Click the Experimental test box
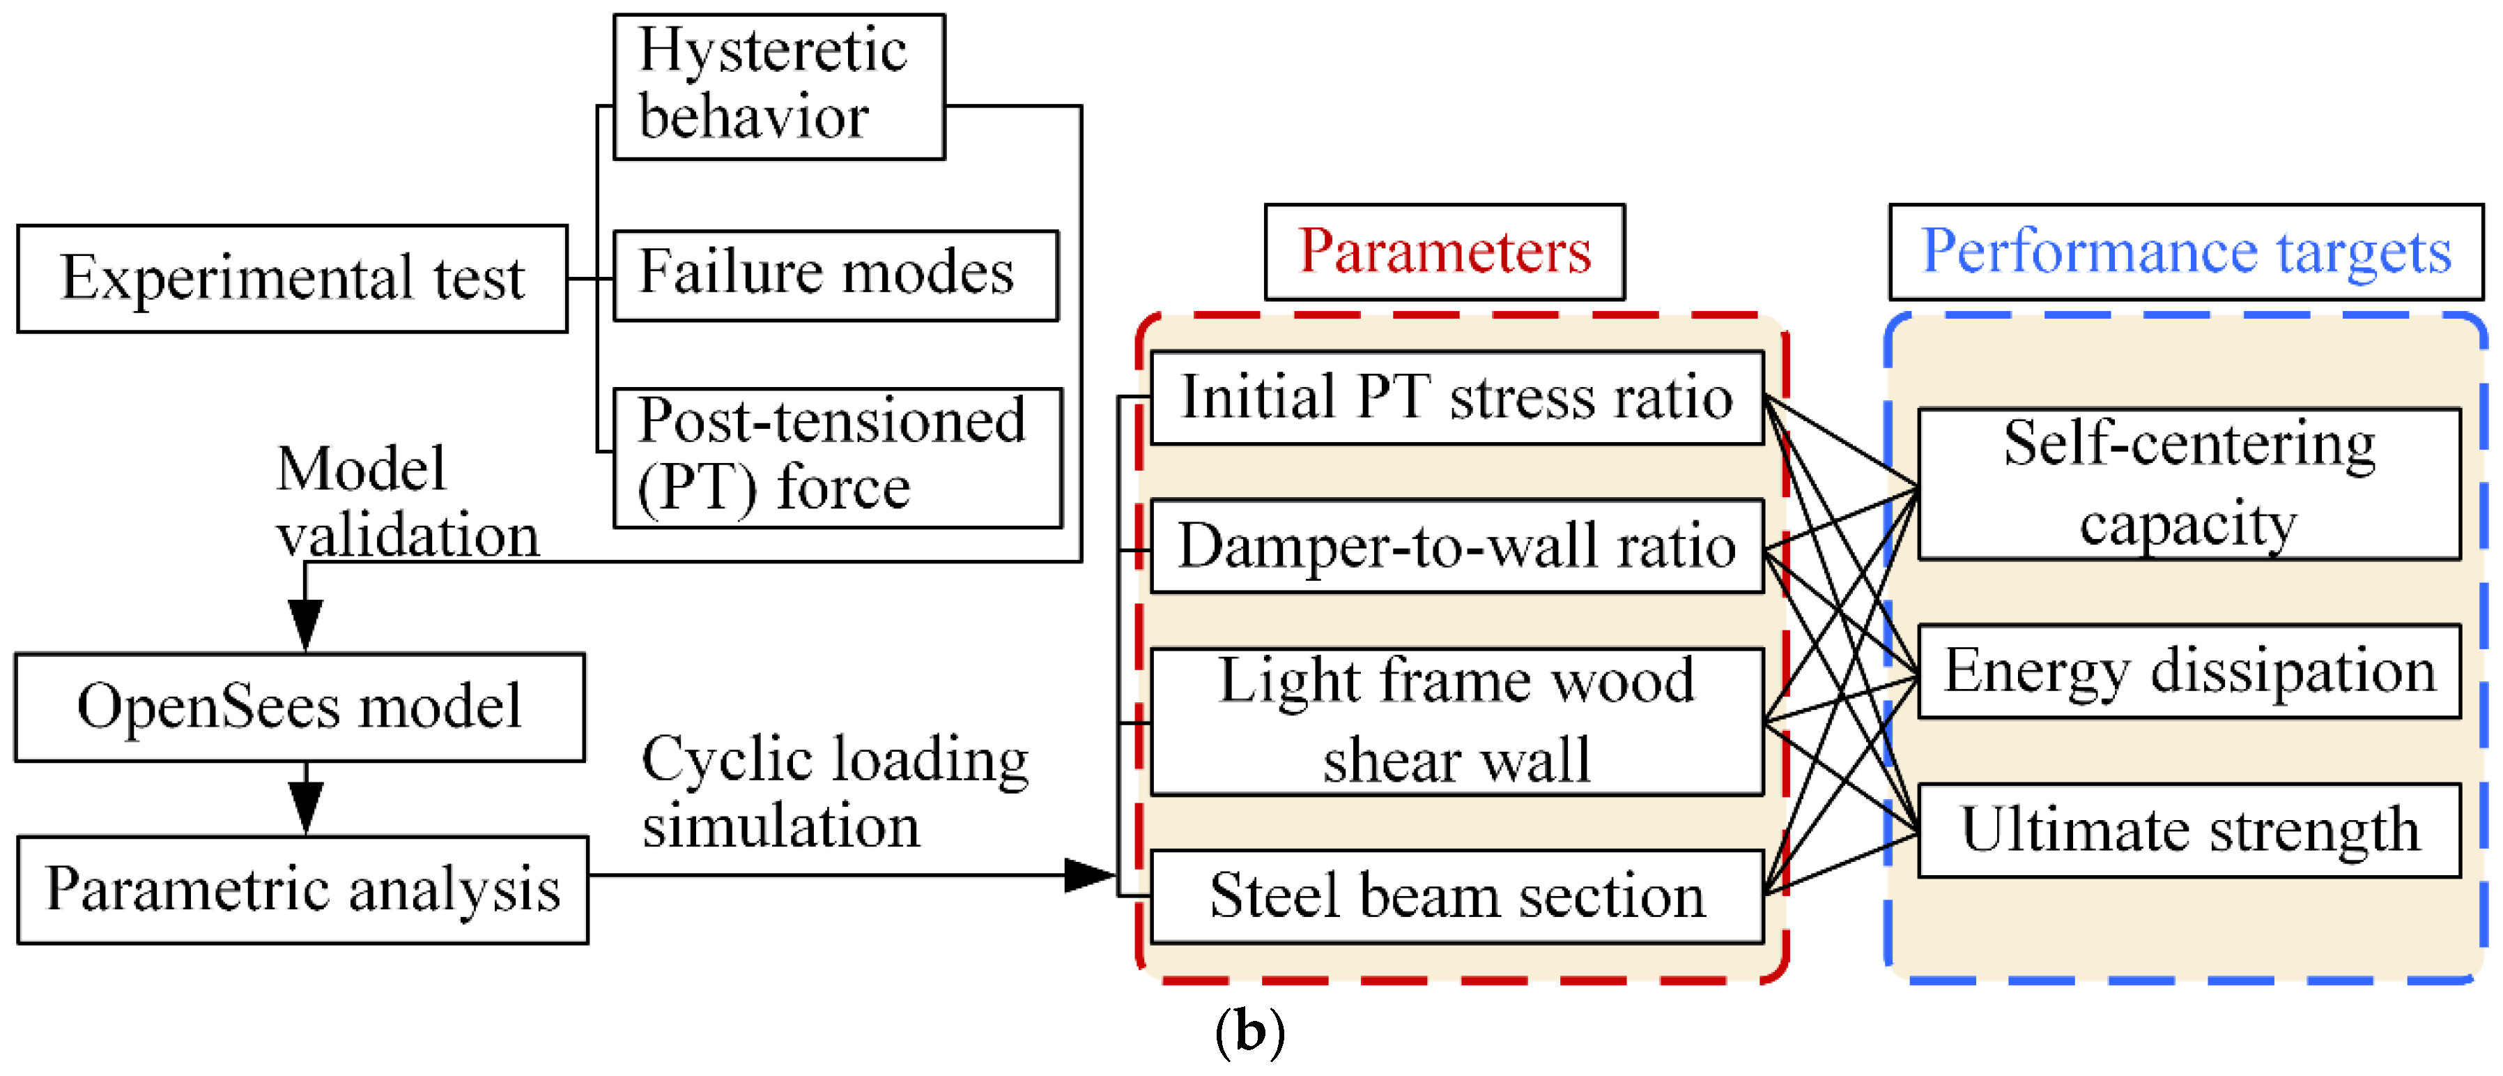tap(291, 279)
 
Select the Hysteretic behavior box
tap(778, 86)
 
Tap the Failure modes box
tap(835, 275)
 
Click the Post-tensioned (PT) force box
tap(837, 457)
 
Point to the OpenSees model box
tap(299, 706)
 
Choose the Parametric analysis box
tap(302, 889)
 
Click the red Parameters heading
tap(1444, 252)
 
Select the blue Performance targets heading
tap(2185, 252)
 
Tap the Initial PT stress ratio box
tap(1456, 397)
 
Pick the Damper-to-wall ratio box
tap(1456, 545)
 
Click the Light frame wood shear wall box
tap(1456, 721)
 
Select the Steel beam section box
tap(1456, 895)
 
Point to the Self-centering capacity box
tap(2188, 484)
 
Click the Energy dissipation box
tap(2188, 671)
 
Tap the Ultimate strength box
tap(2188, 830)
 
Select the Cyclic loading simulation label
tap(833, 792)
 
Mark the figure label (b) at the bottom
tap(1249, 1032)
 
